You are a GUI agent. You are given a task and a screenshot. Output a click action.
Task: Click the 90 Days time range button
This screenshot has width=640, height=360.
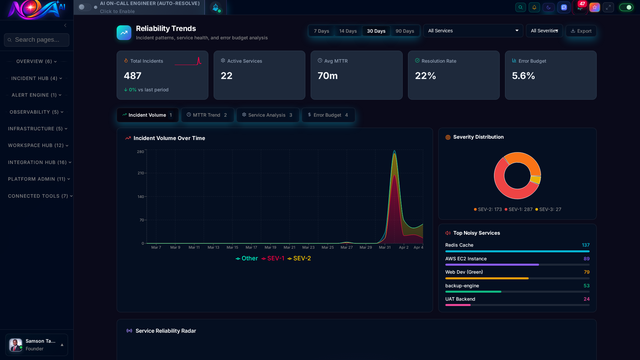(405, 31)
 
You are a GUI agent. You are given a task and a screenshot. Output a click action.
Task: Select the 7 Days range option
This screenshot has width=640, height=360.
(321, 31)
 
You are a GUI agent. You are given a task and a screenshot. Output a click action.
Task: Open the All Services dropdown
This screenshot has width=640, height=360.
(473, 31)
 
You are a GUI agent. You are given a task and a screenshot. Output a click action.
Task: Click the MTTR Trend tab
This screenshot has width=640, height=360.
(207, 115)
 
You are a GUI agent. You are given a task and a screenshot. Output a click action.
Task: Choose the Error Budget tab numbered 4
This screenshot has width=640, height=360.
(328, 115)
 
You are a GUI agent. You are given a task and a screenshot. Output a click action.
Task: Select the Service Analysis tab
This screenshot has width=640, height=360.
(268, 115)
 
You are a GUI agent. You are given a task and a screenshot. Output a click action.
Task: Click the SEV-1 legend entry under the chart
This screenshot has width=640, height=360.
(273, 258)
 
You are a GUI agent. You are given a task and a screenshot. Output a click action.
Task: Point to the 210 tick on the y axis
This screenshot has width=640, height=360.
(140, 173)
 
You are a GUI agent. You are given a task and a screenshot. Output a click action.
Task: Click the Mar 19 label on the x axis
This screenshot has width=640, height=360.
(270, 247)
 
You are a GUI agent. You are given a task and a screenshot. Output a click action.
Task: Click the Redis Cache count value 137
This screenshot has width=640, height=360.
(585, 245)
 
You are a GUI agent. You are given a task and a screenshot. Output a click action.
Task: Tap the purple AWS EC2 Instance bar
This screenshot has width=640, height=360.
(492, 265)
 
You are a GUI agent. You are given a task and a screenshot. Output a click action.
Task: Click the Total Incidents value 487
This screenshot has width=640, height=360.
(133, 76)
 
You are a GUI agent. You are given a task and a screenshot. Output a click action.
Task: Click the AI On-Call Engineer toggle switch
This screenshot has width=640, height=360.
(85, 7)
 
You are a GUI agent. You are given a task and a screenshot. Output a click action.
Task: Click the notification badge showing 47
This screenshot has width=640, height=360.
(582, 4)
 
